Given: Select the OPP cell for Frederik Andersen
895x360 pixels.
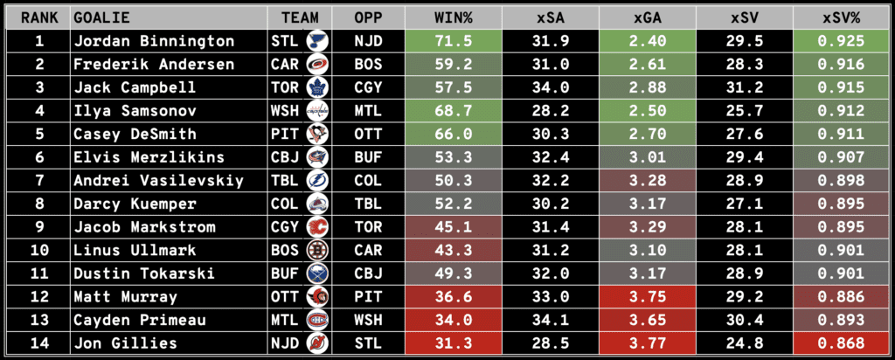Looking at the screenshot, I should point(368,65).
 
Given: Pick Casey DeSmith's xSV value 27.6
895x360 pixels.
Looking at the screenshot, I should point(746,135).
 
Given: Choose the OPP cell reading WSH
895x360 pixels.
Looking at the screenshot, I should point(368,321).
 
